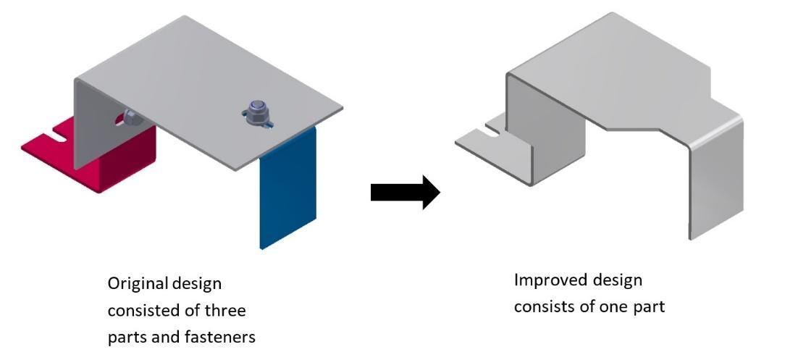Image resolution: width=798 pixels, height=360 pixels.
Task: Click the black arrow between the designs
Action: pyautogui.click(x=404, y=193)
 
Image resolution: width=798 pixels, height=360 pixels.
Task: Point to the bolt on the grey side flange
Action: pyautogui.click(x=130, y=115)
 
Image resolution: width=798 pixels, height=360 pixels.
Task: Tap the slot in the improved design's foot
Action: pyautogui.click(x=491, y=130)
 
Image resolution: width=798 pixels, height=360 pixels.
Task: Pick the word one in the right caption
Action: pyautogui.click(x=618, y=306)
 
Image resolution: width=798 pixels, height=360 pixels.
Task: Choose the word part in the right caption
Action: pyautogui.click(x=649, y=306)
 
